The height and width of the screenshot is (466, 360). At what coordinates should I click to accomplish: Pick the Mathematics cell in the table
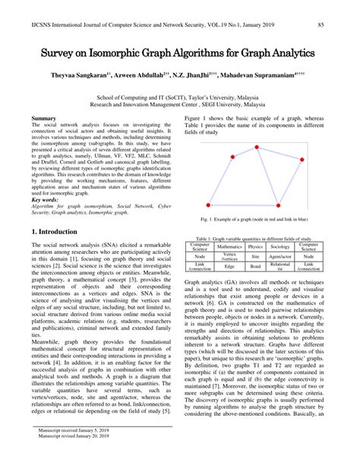pos(229,247)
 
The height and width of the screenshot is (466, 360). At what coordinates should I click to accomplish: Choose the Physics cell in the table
pos(256,247)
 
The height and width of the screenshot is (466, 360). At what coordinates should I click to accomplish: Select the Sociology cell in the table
pos(280,247)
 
